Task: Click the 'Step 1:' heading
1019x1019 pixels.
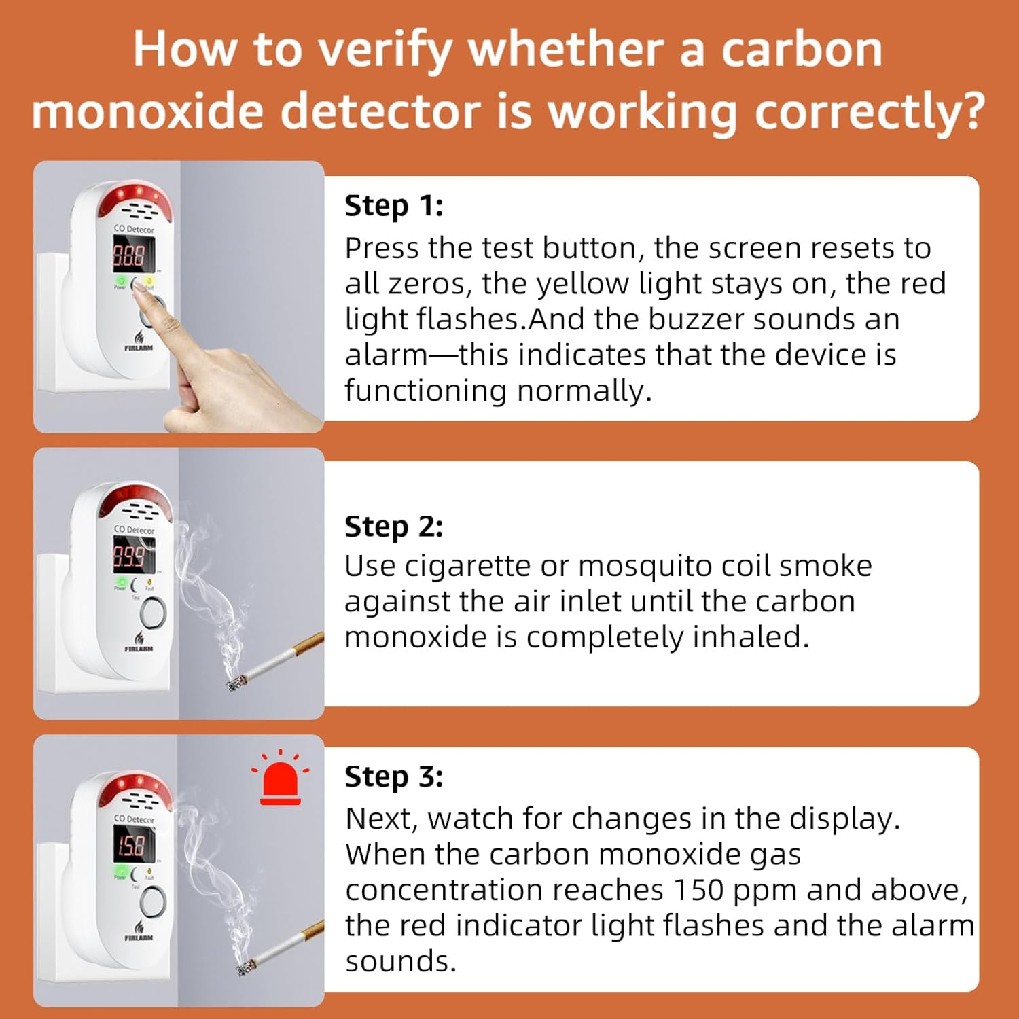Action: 394,206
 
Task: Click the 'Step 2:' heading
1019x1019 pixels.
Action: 394,527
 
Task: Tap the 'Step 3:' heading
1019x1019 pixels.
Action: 394,777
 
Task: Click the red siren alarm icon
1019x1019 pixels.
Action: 281,777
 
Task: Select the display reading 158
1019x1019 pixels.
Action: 131,846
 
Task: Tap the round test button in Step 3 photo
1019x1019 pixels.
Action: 152,901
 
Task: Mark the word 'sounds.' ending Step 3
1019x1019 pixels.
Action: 401,962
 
